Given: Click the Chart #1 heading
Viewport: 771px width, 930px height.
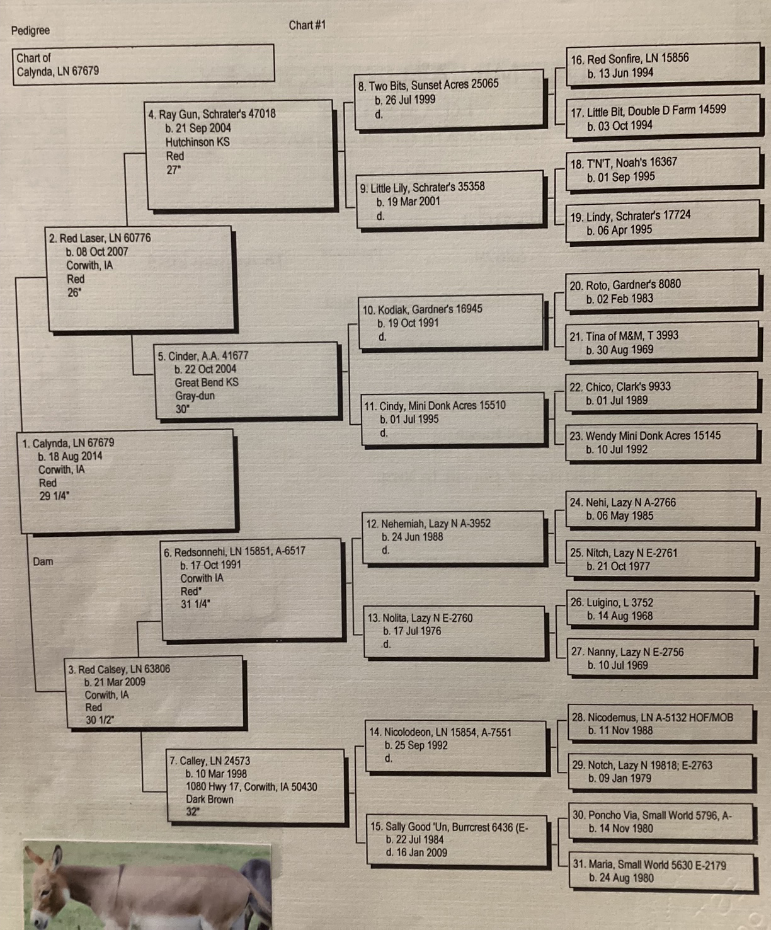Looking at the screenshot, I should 307,25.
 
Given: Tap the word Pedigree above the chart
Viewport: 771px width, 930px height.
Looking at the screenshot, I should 30,30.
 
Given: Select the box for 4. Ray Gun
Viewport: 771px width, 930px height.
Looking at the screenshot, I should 239,154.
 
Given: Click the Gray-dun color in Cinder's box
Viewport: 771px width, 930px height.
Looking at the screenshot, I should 195,396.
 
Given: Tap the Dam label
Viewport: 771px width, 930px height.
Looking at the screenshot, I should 43,561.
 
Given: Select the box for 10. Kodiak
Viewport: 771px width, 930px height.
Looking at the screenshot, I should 450,322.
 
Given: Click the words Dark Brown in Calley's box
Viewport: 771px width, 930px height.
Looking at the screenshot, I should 209,799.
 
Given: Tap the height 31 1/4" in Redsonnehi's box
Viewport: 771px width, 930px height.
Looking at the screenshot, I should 195,604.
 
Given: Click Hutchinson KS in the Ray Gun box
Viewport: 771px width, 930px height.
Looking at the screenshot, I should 198,142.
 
